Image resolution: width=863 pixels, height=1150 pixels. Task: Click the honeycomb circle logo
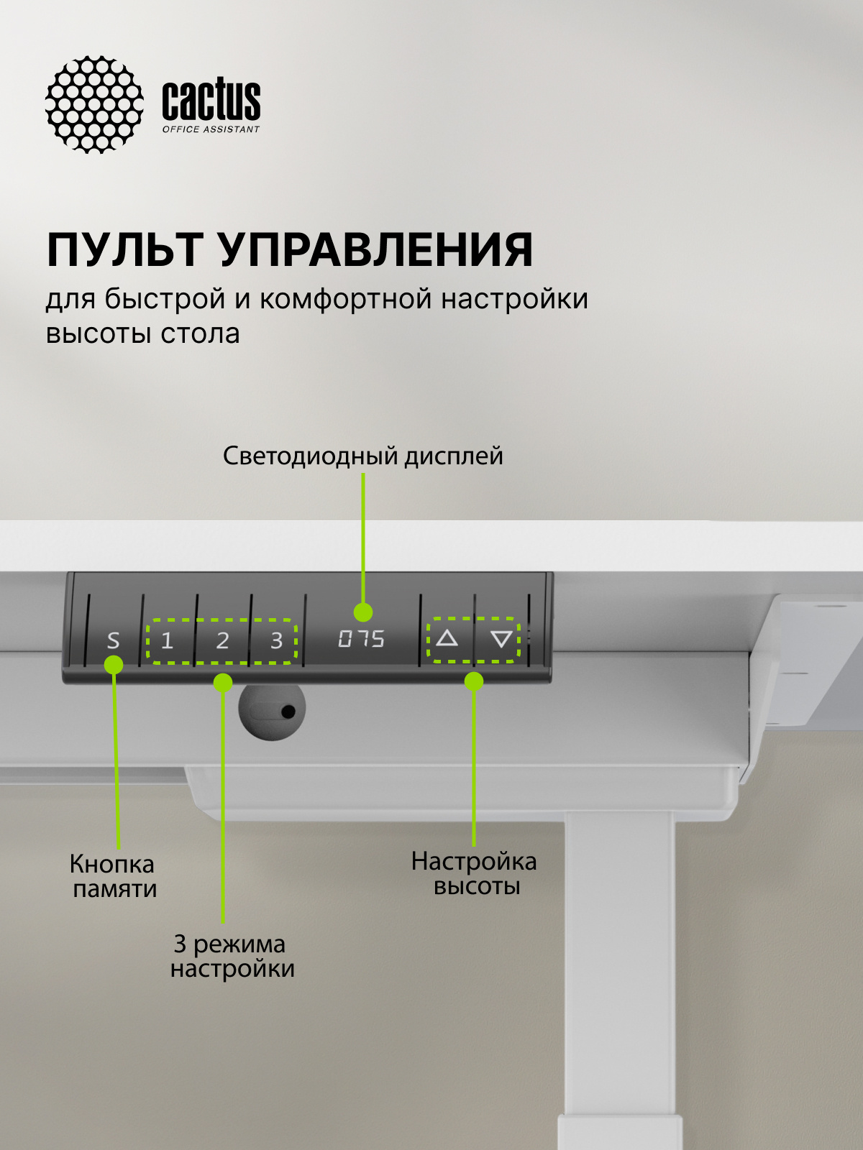pyautogui.click(x=94, y=104)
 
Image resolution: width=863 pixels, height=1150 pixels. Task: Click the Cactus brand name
pyautogui.click(x=211, y=100)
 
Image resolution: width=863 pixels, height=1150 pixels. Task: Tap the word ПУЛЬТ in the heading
pyautogui.click(x=124, y=250)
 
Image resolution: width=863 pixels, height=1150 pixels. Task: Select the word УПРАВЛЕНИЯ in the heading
pyautogui.click(x=375, y=250)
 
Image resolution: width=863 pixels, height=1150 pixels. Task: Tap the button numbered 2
pyautogui.click(x=222, y=640)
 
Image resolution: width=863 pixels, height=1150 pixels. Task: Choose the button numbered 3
pyautogui.click(x=276, y=640)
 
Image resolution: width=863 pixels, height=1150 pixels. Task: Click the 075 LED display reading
pyautogui.click(x=361, y=638)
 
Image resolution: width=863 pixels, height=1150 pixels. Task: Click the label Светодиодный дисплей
pyautogui.click(x=362, y=456)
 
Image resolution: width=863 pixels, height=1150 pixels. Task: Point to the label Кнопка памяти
pyautogui.click(x=114, y=876)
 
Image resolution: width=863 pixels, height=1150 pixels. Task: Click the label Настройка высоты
pyautogui.click(x=474, y=873)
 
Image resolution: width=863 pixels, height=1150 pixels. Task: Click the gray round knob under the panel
pyautogui.click(x=272, y=709)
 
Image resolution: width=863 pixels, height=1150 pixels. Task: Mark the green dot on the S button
pyautogui.click(x=114, y=665)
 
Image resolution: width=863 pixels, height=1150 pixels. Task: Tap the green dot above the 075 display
pyautogui.click(x=363, y=612)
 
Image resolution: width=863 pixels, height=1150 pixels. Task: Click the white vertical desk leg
pyautogui.click(x=620, y=970)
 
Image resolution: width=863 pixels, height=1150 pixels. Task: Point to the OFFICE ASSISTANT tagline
pyautogui.click(x=211, y=129)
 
